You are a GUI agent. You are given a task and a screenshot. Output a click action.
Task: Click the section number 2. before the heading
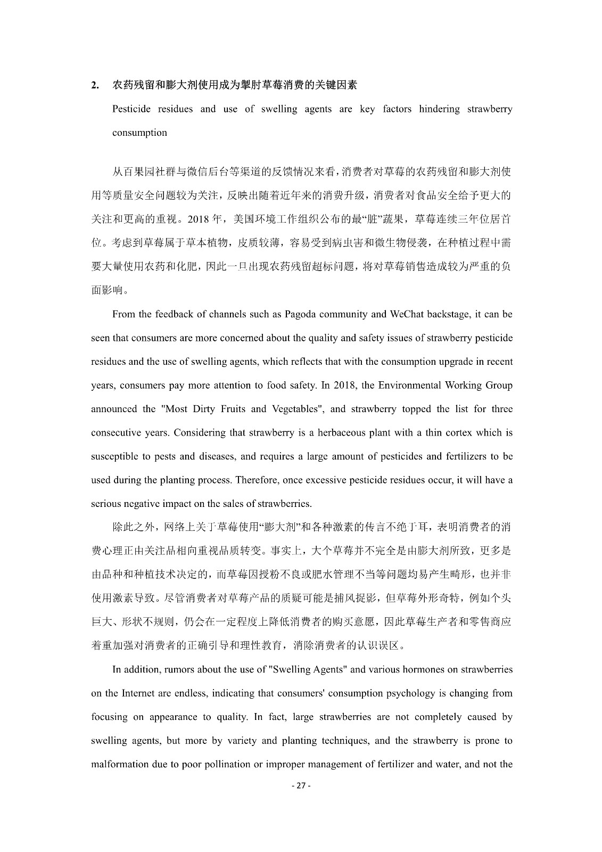pos(95,85)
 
